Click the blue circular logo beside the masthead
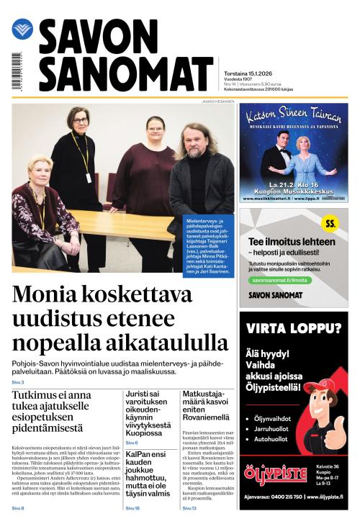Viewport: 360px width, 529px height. click(22, 30)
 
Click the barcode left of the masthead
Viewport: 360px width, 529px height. click(16, 71)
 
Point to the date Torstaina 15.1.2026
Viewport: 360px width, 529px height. click(248, 63)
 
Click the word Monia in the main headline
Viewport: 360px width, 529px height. click(53, 297)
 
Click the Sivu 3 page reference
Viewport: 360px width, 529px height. click(18, 382)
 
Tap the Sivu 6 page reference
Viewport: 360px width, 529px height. click(132, 443)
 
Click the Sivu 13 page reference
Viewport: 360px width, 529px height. click(189, 508)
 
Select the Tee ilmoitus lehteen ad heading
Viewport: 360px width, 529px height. click(292, 242)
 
